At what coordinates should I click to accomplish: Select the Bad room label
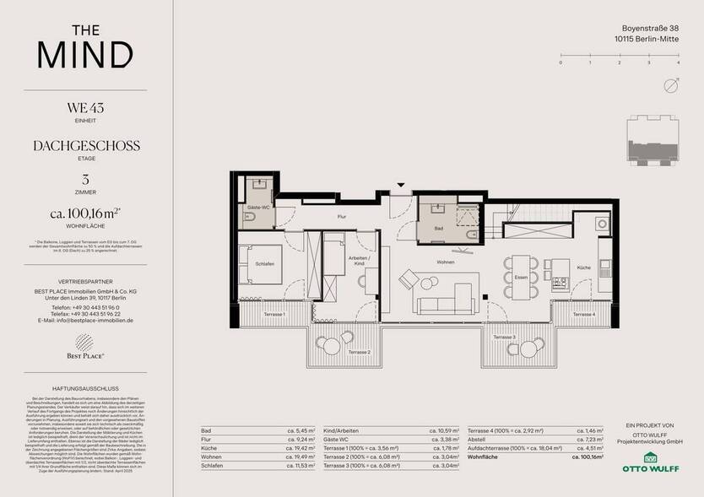[x=439, y=228]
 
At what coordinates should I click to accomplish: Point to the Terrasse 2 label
[x=359, y=352]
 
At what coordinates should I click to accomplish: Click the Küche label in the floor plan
[x=583, y=267]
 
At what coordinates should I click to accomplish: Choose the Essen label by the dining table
[x=521, y=276]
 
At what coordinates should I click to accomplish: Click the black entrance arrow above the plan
[x=402, y=186]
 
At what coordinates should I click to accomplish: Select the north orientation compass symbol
[x=671, y=85]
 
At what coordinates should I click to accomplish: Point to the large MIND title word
[x=84, y=54]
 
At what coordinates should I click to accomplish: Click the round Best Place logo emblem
[x=84, y=343]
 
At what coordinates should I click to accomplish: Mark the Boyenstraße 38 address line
[x=645, y=29]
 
